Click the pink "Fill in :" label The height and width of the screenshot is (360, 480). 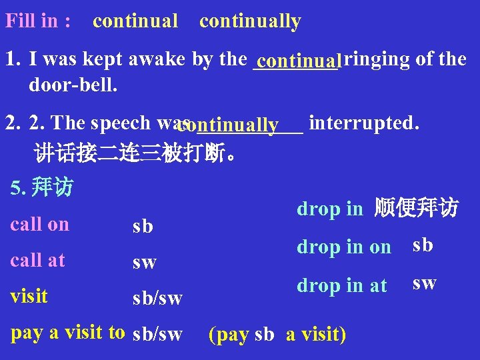39,21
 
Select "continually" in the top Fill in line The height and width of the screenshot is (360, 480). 250,22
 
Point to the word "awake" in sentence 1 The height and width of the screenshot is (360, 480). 160,59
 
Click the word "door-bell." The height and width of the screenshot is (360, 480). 73,85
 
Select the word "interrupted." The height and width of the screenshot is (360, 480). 364,123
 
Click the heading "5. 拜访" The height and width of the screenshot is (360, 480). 42,187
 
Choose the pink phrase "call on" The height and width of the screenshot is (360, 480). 40,225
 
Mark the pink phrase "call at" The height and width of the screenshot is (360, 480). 38,260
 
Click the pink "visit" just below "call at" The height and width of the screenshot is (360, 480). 29,295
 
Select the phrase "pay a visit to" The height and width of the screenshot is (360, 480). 68,332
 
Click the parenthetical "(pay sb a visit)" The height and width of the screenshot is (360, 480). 277,334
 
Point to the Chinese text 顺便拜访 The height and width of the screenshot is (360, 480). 416,209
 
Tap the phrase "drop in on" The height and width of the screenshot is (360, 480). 344,247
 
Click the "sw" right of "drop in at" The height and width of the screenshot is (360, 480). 425,283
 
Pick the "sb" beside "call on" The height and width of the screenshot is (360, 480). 143,227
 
